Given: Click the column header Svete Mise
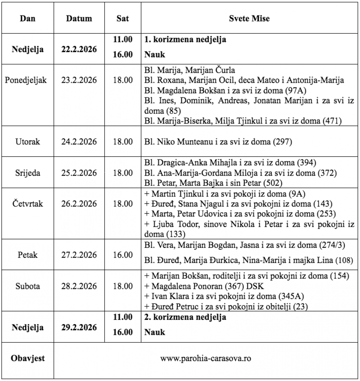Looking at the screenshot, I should [249, 19].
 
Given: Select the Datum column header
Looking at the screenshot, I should [79, 19].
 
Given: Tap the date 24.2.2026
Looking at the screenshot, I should [79, 141].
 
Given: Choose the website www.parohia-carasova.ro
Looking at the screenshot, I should [206, 359].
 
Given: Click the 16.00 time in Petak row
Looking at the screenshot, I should [123, 255].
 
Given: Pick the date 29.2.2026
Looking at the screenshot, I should [79, 328].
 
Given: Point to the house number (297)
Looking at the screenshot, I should [282, 141].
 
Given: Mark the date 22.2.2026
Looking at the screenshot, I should [79, 49].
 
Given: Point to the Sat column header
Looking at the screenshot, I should [123, 19].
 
